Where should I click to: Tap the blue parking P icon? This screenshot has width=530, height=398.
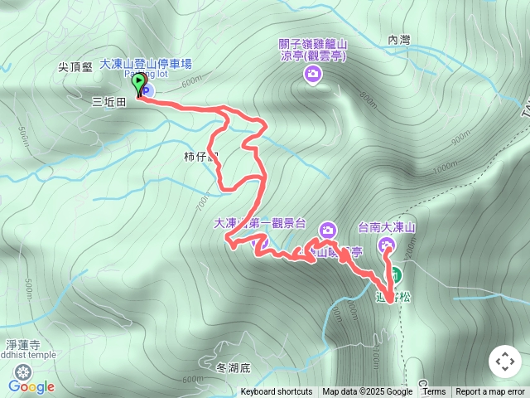click(149, 89)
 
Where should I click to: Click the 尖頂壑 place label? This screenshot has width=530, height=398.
click(75, 69)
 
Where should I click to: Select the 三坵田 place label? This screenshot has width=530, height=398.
click(108, 101)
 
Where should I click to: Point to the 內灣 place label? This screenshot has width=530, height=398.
click(398, 39)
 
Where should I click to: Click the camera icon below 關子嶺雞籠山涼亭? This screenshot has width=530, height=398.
click(313, 75)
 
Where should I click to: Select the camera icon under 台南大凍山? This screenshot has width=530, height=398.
click(387, 245)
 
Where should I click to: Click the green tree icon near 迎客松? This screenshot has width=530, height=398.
click(395, 274)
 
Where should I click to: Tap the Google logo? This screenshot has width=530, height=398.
click(31, 386)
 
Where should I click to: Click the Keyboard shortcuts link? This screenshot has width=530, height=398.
click(277, 392)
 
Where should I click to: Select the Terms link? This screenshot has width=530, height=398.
click(434, 392)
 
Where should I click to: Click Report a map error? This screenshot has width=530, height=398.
click(490, 392)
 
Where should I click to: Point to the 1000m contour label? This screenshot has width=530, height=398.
click(445, 167)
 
